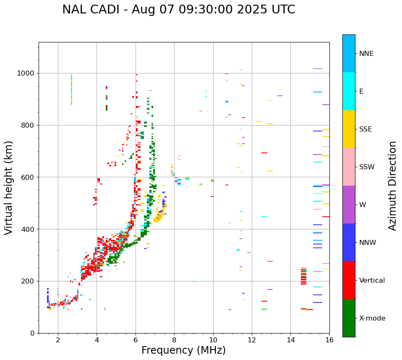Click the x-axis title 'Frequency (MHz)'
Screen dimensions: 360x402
point(183,350)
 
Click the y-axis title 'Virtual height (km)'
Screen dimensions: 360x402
point(9,188)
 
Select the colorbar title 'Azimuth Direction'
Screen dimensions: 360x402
point(392,186)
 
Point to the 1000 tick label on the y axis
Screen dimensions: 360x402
point(26,73)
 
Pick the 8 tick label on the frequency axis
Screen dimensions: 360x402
point(174,340)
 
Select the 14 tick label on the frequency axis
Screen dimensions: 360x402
point(291,340)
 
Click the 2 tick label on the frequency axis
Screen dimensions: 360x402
point(58,340)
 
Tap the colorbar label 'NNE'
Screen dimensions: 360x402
point(366,54)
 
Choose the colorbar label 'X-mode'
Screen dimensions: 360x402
point(372,318)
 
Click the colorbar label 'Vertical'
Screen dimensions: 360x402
point(372,281)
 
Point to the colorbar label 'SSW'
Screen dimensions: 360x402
point(367,167)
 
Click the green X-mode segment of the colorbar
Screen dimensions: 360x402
point(349,318)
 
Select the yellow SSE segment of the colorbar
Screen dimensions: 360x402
point(349,129)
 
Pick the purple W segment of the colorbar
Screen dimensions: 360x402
point(349,205)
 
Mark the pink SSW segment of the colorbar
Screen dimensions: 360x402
point(349,167)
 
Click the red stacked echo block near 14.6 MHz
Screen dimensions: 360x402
point(303,277)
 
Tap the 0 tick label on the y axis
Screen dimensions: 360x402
point(32,333)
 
